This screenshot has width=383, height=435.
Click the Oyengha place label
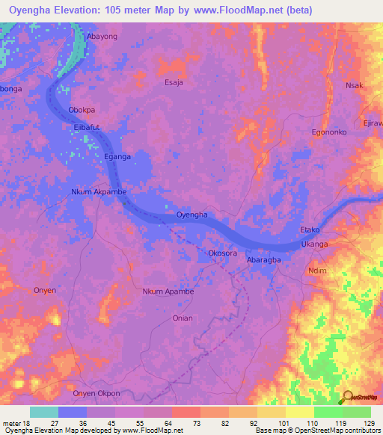(x=191, y=215)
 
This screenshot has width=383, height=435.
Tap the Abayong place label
(x=102, y=36)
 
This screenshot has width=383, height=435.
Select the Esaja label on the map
(x=174, y=83)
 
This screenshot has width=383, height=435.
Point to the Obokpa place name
(x=82, y=110)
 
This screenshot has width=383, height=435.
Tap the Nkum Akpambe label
(x=99, y=191)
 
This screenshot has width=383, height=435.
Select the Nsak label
(x=354, y=85)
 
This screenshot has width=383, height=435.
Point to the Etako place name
(x=310, y=230)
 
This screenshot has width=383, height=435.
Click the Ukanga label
(x=314, y=244)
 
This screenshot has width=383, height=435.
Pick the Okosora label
(x=223, y=253)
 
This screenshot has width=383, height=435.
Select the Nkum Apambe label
(x=168, y=291)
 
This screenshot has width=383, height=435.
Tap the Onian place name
(x=183, y=318)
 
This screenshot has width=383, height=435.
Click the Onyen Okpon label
(x=96, y=392)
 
